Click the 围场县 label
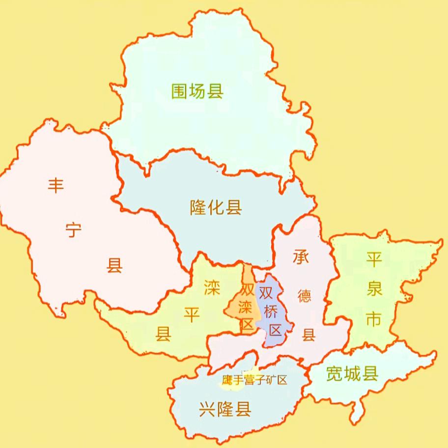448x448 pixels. [197, 91]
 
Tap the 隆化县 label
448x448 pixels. [216, 208]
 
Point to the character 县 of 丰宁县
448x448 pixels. [114, 266]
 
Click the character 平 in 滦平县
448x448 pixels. [192, 314]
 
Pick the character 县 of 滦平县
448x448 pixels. [163, 334]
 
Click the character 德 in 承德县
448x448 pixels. [305, 296]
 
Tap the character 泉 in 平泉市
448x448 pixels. [374, 289]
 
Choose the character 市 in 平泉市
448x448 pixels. [374, 319]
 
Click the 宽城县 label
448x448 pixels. [352, 375]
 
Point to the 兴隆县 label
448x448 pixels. [225, 408]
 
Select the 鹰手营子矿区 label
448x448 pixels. [254, 380]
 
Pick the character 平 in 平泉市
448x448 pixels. [374, 259]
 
